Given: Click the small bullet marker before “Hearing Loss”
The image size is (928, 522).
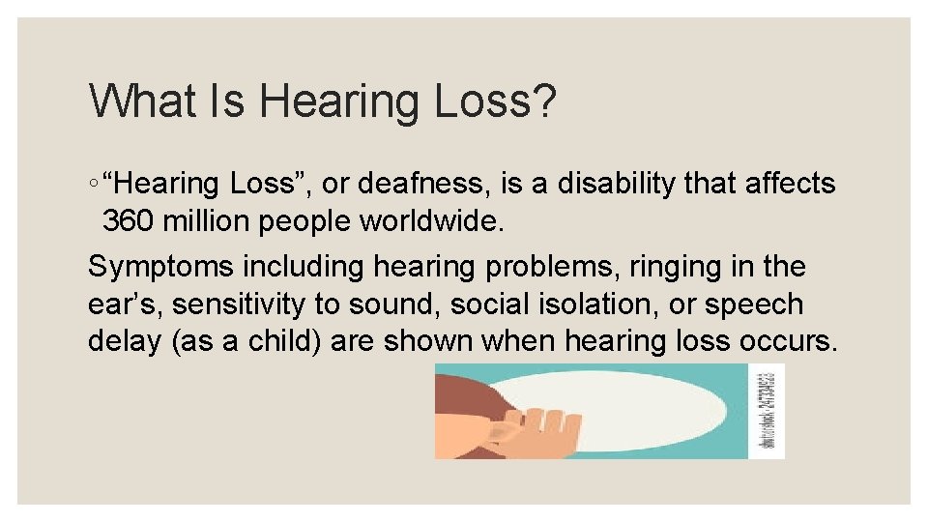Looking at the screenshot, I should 93,185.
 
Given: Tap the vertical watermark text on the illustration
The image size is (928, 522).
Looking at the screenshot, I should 770,411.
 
